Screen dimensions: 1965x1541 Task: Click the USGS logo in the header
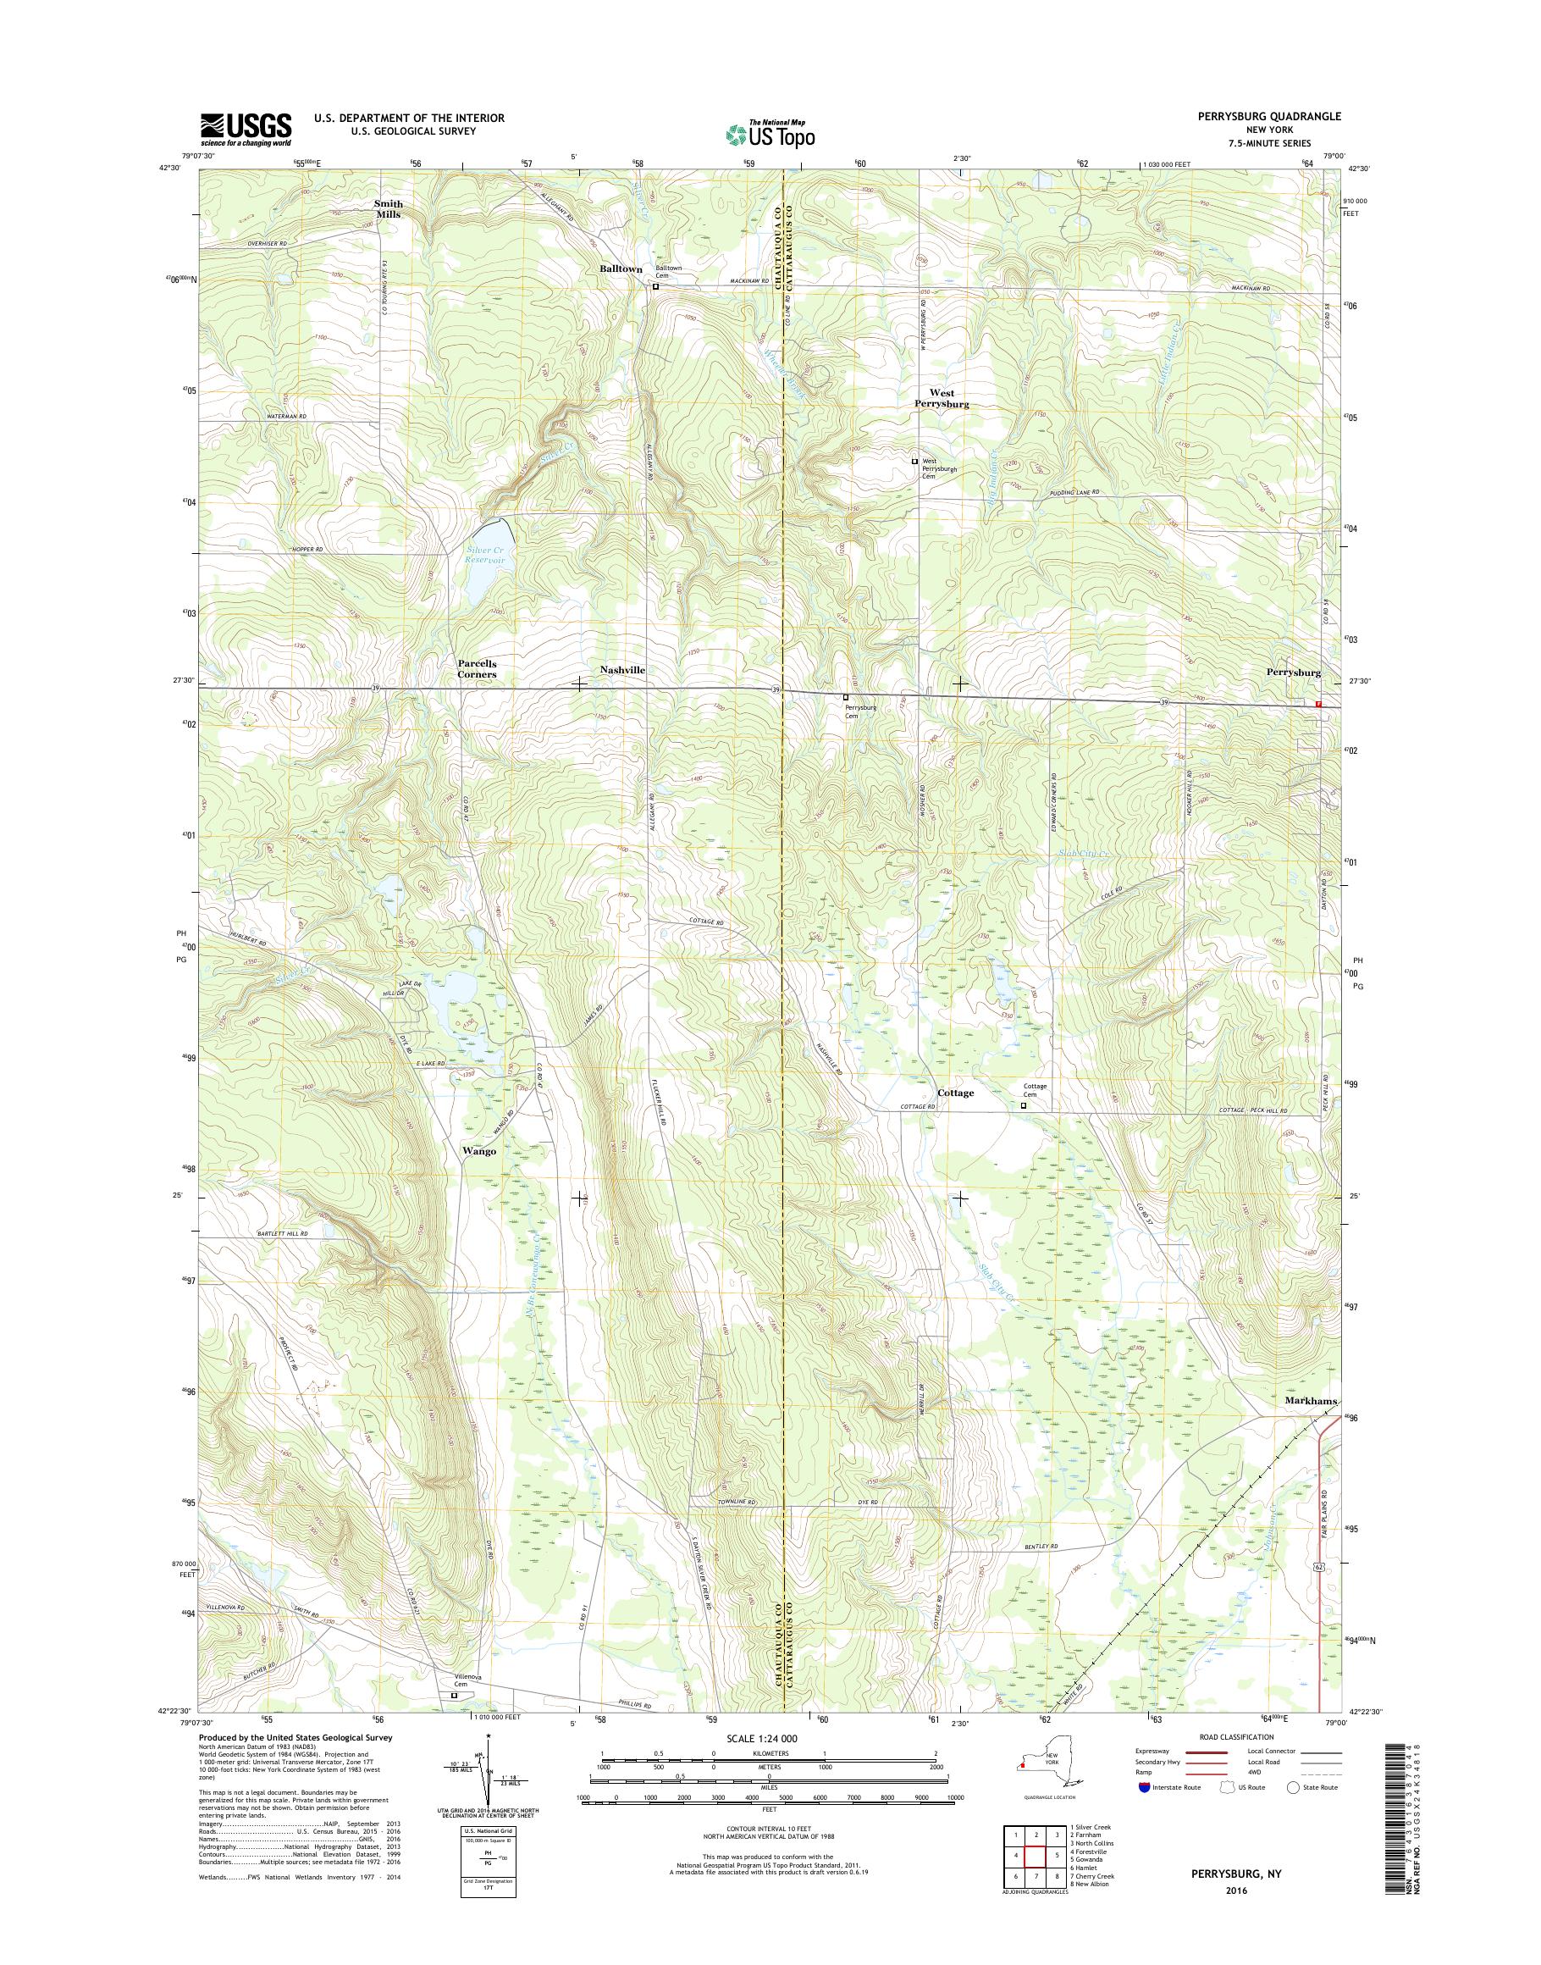click(246, 129)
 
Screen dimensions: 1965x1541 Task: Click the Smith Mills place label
click(388, 208)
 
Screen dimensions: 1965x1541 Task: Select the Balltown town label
click(621, 269)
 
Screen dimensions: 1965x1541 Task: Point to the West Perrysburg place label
click(943, 399)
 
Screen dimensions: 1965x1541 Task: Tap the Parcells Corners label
click(477, 669)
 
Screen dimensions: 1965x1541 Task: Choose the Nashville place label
click(622, 670)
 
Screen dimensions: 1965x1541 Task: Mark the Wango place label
click(479, 1151)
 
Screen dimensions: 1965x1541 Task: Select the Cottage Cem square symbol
click(1023, 1104)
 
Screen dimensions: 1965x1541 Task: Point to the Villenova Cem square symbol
click(454, 1695)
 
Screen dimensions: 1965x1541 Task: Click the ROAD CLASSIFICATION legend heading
click(1236, 1736)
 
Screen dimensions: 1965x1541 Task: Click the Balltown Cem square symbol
click(656, 287)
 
